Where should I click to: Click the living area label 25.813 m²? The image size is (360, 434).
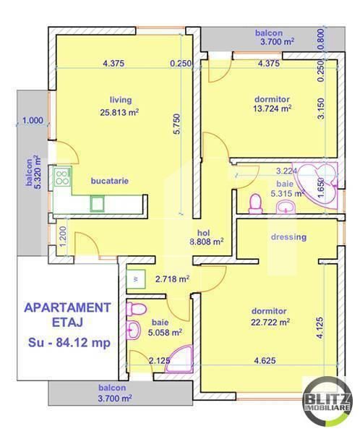[x=120, y=112]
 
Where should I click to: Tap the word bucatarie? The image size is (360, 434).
[x=110, y=182]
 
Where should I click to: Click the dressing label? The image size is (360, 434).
[x=288, y=237]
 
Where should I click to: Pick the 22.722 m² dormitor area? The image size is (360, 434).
[x=271, y=322]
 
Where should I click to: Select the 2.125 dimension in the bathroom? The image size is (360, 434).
[x=160, y=359]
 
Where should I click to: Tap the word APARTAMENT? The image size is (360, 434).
[x=68, y=307]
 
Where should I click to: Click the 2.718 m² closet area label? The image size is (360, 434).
[x=173, y=278]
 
